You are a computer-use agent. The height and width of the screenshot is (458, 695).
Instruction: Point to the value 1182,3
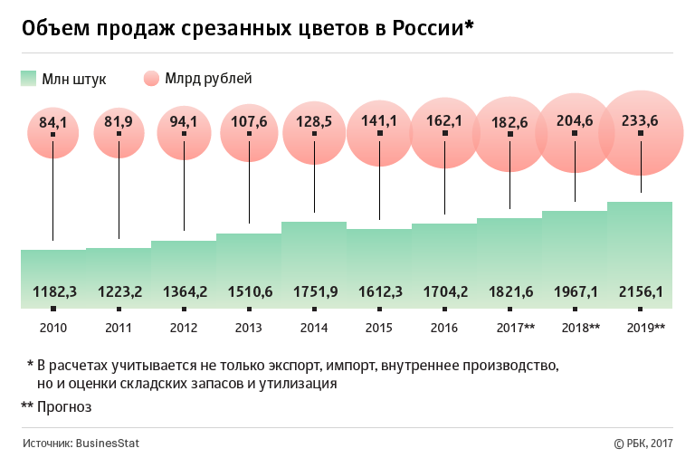pyautogui.click(x=53, y=292)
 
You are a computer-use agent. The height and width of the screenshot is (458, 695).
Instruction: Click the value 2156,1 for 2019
pyautogui.click(x=641, y=292)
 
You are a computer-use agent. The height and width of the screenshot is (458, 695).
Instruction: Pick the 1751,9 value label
pyautogui.click(x=314, y=292)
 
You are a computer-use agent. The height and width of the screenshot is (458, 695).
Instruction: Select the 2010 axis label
pyautogui.click(x=53, y=327)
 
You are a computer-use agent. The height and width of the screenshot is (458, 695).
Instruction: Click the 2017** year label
pyautogui.click(x=516, y=327)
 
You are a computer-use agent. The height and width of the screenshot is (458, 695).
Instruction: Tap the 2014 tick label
pyautogui.click(x=314, y=327)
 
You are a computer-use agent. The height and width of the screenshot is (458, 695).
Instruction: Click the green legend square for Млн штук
pyautogui.click(x=28, y=79)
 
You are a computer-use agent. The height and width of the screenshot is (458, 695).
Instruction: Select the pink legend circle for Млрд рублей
pyautogui.click(x=151, y=79)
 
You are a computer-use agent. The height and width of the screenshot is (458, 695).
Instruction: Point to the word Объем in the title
pyautogui.click(x=51, y=30)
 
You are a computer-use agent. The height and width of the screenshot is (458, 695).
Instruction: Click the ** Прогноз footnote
pyautogui.click(x=56, y=407)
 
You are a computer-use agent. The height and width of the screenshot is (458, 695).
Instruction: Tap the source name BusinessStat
pyautogui.click(x=107, y=444)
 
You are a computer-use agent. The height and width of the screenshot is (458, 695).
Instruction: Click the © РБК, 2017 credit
pyautogui.click(x=643, y=444)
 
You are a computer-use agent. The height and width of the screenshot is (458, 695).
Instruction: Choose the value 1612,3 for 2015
pyautogui.click(x=379, y=292)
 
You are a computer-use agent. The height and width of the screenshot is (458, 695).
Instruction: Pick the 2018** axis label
pyautogui.click(x=581, y=327)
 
